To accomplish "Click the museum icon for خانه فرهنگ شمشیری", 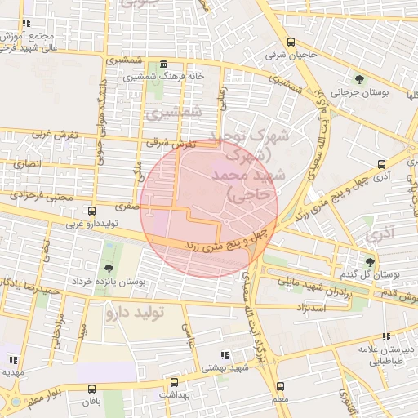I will pos(164,64).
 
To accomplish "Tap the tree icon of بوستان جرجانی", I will pos(360,79).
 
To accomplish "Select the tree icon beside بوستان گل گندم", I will pos(371,262).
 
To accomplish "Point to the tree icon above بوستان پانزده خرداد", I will pos(109,269).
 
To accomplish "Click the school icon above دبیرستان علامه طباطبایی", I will pos(385,336).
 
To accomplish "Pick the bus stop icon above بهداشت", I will pos(173,381).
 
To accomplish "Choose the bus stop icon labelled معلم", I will pos(281,386).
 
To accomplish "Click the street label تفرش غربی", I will pos(54,133).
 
